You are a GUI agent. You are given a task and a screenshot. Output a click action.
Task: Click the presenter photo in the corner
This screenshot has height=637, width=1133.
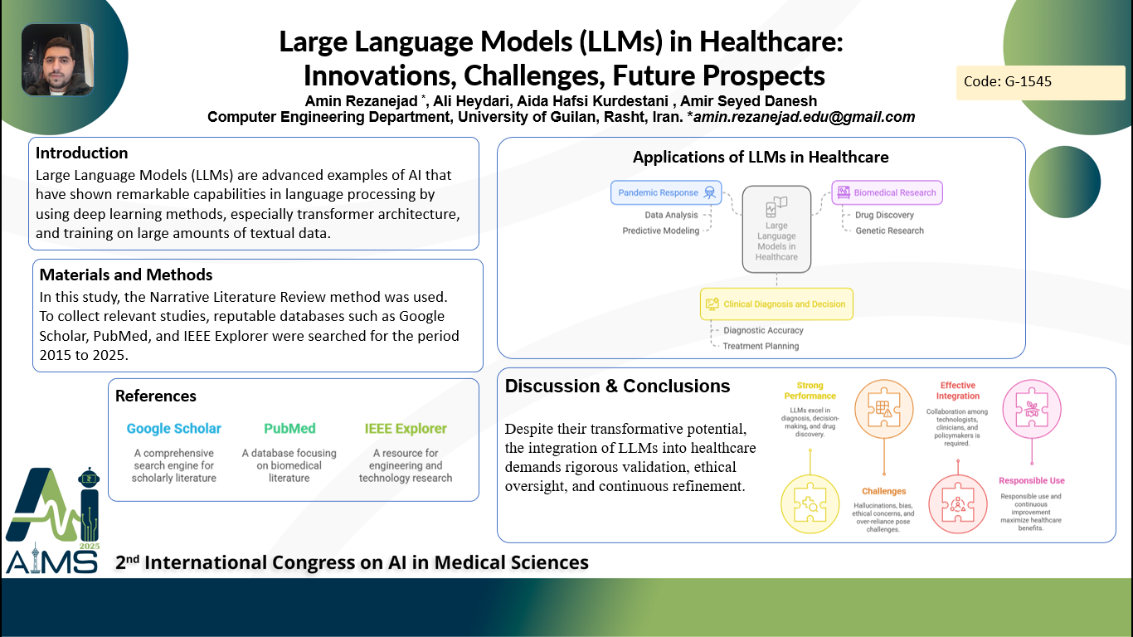[58, 59]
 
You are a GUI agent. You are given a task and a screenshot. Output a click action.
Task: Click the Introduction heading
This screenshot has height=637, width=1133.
[81, 153]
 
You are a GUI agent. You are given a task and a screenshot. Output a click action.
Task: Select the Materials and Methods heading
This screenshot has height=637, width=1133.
[126, 275]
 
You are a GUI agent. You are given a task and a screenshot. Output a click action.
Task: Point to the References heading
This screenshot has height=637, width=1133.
[156, 396]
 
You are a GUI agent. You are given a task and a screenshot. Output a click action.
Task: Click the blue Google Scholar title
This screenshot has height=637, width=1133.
[173, 429]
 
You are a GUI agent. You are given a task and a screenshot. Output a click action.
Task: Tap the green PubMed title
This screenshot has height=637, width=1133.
[289, 429]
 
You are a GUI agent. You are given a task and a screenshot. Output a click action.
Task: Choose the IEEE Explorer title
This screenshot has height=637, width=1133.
[406, 429]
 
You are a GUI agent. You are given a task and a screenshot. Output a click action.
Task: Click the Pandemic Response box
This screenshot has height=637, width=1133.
[666, 192]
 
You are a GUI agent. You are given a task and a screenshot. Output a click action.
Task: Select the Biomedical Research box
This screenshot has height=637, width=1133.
[887, 192]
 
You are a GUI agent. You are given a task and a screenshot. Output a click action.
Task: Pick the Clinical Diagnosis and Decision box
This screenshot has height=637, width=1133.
[776, 304]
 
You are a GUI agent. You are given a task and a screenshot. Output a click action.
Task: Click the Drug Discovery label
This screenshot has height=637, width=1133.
[885, 215]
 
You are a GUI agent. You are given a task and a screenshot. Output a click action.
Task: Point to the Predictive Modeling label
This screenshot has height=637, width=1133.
[660, 231]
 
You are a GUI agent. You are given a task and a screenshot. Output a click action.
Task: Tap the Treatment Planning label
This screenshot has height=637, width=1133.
[761, 346]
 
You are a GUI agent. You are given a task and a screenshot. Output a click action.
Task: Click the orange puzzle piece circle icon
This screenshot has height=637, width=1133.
[884, 409]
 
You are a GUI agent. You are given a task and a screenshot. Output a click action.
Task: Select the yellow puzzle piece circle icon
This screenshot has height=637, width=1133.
[810, 504]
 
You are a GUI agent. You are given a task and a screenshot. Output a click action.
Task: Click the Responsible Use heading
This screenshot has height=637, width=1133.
[1031, 481]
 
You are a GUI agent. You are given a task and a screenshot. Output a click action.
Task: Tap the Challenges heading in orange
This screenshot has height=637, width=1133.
[883, 491]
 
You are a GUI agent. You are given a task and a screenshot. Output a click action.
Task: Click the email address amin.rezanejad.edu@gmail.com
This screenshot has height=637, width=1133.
[805, 117]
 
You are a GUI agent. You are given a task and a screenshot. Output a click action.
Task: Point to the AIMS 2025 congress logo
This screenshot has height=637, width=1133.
[53, 520]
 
